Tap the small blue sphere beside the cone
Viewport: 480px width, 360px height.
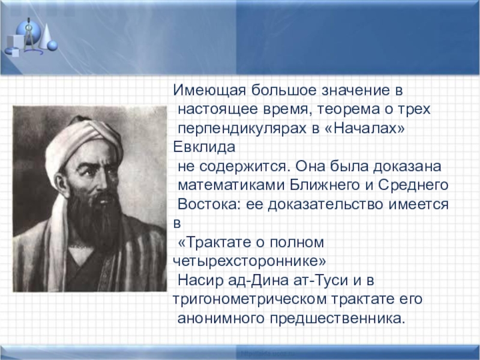pyautogui.click(x=53, y=45)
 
